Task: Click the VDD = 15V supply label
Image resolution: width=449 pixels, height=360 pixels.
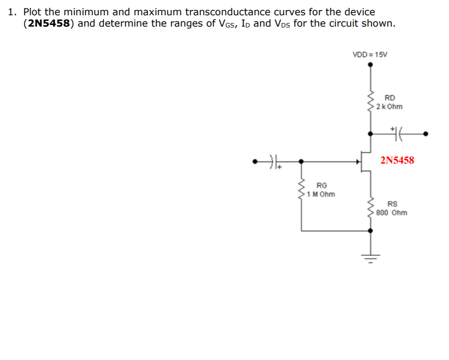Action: coord(370,55)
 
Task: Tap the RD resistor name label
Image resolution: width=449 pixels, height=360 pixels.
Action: coord(390,98)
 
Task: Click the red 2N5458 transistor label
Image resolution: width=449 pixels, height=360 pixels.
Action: coord(397,160)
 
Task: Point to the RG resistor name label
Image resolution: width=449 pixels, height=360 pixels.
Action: coord(322,185)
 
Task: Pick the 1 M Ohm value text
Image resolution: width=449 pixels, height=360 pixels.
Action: coord(322,194)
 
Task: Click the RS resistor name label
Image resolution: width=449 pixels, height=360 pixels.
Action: coord(393,204)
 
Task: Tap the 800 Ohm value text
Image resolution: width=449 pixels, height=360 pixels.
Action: coord(391,213)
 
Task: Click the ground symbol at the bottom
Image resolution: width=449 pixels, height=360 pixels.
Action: coord(370,258)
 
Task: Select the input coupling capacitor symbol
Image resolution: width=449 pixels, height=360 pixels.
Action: coord(274,161)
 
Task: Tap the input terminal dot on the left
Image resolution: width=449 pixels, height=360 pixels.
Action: coord(256,161)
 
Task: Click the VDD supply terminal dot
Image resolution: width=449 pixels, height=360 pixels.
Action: coord(370,65)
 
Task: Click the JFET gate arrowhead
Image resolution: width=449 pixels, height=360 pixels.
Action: coord(359,161)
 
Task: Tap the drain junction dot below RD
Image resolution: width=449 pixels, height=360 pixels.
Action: coord(370,134)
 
